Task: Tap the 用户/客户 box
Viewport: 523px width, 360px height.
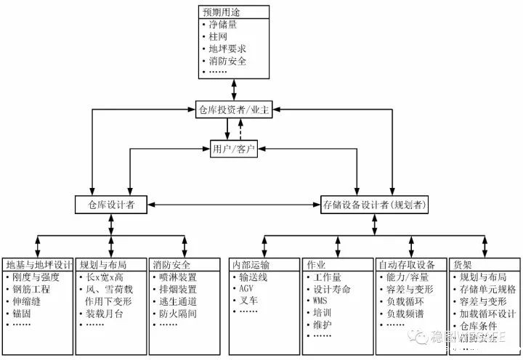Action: click(234, 150)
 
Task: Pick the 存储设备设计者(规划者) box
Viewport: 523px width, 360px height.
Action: click(375, 205)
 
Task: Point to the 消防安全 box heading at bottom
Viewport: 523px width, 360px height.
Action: click(171, 264)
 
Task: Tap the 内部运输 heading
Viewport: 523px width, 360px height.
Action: click(251, 264)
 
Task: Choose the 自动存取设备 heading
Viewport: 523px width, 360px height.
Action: click(407, 264)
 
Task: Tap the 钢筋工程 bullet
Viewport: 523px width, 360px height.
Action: click(30, 289)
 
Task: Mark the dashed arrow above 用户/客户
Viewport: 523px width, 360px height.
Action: click(240, 129)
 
